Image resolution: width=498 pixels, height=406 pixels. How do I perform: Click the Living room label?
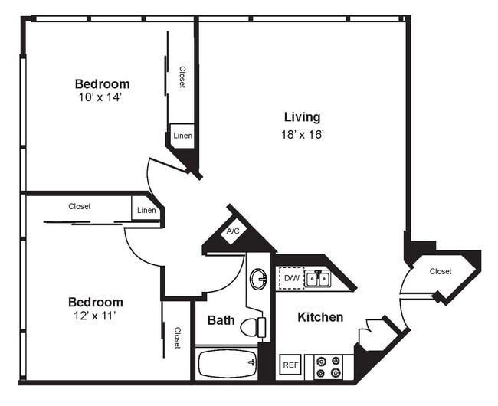(x=302, y=117)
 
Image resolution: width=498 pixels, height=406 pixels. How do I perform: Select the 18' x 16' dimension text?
(x=303, y=135)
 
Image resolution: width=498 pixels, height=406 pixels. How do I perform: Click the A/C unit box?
(x=232, y=231)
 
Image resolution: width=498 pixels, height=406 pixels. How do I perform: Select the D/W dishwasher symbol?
(x=292, y=278)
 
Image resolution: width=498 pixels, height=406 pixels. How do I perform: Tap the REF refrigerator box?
(x=290, y=366)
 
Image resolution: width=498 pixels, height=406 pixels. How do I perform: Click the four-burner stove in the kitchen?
(x=327, y=366)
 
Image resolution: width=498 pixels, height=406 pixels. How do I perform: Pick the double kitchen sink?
(x=318, y=279)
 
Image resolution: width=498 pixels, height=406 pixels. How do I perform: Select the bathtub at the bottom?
(x=228, y=362)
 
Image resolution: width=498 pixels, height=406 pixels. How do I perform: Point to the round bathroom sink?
(x=258, y=278)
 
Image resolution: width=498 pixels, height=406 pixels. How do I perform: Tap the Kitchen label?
(x=320, y=317)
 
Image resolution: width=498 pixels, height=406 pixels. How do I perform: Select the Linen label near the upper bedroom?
(x=182, y=136)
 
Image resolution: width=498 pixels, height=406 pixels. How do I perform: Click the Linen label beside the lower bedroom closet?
(x=146, y=211)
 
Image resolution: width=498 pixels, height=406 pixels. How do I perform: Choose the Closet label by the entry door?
(x=440, y=271)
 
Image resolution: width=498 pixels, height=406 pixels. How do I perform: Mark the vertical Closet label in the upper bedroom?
(x=182, y=77)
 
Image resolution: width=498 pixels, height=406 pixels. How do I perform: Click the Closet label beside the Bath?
(x=177, y=338)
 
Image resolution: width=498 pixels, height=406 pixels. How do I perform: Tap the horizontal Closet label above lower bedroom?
(x=80, y=206)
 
